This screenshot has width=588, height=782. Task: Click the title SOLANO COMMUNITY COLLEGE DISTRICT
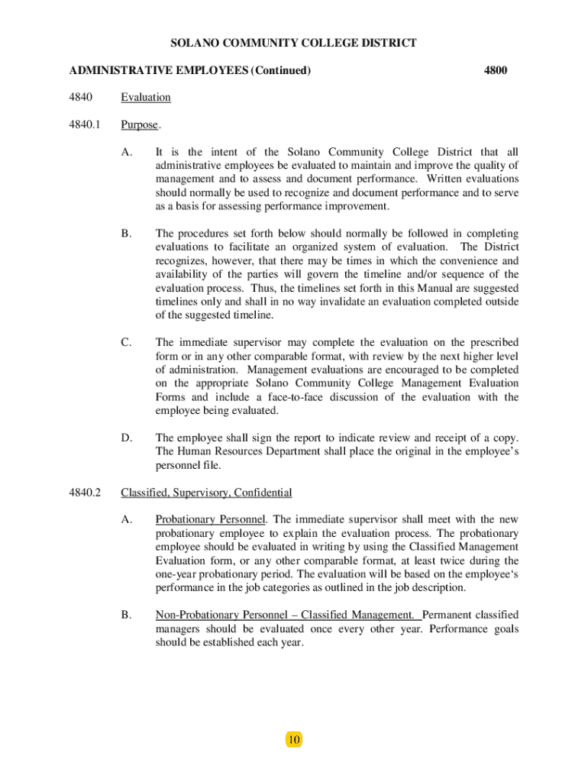click(293, 43)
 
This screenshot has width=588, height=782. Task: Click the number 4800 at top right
click(496, 71)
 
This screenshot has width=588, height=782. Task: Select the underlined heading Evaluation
click(146, 98)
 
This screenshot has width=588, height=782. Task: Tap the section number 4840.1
click(85, 124)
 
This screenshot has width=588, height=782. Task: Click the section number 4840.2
click(85, 493)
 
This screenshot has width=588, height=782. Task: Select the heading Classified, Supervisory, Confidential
click(206, 493)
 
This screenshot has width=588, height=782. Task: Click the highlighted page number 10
click(294, 739)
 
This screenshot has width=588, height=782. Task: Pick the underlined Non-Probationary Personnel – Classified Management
click(286, 615)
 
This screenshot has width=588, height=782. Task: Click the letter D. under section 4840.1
click(127, 438)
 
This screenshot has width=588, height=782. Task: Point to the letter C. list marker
click(127, 342)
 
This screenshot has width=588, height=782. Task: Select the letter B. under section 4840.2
click(127, 615)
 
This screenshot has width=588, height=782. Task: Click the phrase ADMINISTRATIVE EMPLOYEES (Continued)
click(189, 71)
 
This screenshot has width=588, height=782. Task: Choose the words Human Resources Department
click(241, 451)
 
